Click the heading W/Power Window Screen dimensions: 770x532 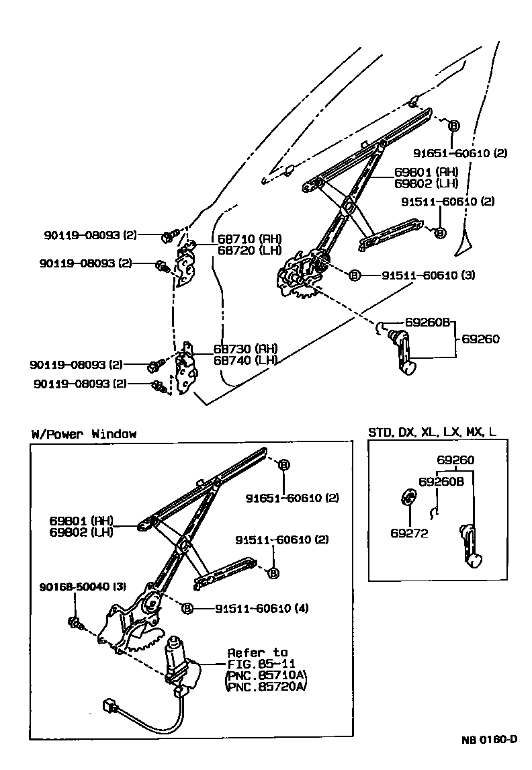coord(83,433)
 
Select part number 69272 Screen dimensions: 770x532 coord(408,533)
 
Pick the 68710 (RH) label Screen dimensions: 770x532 coord(239,239)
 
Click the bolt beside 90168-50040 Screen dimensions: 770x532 coord(75,623)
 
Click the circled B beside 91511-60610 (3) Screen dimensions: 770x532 coord(354,275)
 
